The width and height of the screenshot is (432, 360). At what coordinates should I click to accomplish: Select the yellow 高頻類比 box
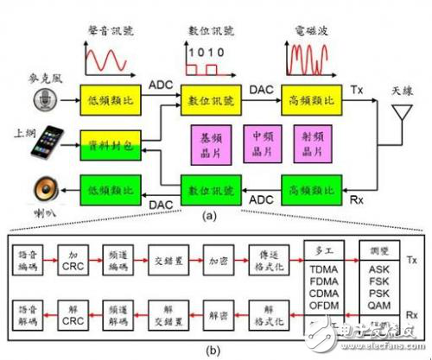click(x=306, y=102)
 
